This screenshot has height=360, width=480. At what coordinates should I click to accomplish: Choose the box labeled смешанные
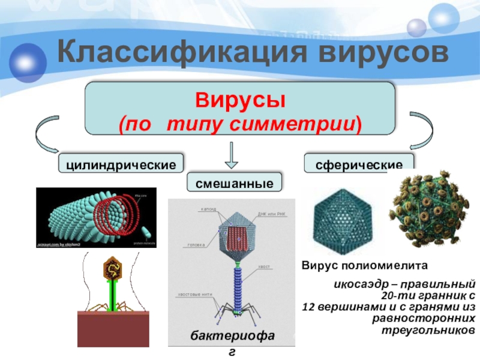[235, 183]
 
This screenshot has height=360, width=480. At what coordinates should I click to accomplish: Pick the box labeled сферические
[359, 163]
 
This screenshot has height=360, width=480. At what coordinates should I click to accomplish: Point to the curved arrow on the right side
[427, 135]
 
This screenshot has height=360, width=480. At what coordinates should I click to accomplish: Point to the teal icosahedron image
[339, 221]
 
